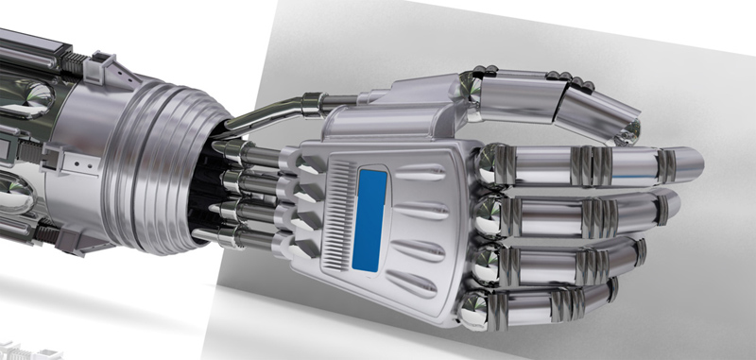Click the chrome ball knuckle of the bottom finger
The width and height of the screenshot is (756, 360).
click(x=475, y=303)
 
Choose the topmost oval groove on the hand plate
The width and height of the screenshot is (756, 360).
click(x=417, y=171)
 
